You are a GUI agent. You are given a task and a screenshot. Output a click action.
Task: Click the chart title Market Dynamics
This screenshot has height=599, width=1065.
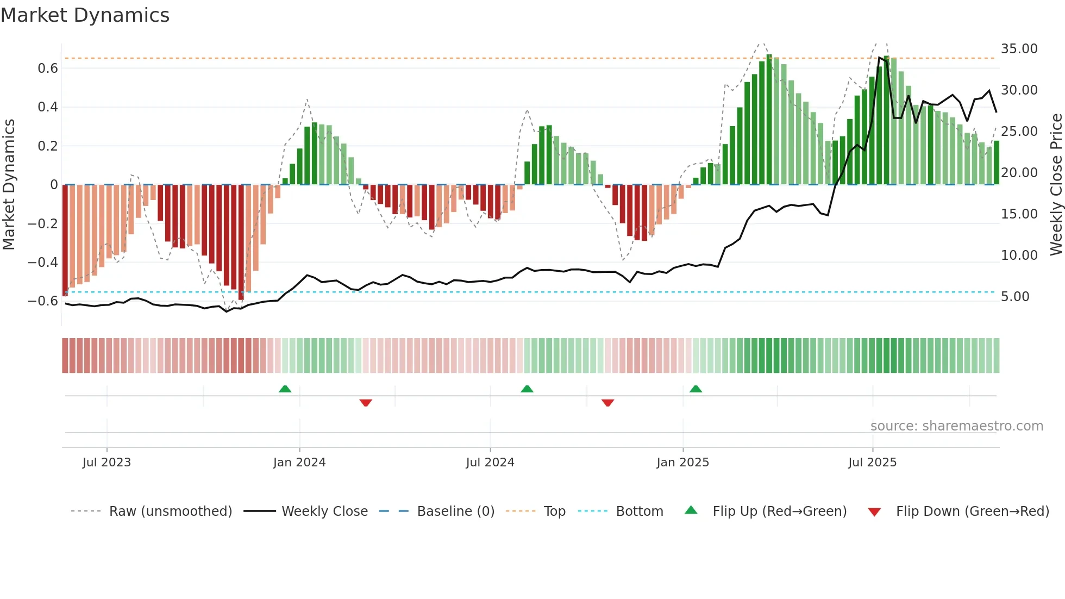pos(85,15)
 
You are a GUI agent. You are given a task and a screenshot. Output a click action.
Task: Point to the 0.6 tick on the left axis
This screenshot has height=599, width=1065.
pos(48,68)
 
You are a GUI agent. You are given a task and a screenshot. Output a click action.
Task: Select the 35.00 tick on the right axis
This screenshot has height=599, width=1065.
pos(1019,49)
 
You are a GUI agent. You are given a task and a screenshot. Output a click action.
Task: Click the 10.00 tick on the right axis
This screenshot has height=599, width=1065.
pos(1019,255)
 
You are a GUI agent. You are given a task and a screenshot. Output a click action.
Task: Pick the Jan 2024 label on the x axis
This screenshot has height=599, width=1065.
pos(299,463)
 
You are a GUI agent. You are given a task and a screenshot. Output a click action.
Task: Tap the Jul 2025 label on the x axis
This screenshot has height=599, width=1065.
pos(872,463)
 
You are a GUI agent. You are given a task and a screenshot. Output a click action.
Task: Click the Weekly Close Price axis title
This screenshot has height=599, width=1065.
pos(1056,185)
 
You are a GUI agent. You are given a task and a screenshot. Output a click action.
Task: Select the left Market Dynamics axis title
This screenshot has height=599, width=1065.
pos(9,185)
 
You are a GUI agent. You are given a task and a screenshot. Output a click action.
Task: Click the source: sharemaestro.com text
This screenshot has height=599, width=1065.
pos(956,426)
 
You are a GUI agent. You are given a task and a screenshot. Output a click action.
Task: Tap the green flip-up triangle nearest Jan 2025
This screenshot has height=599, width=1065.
pos(696,389)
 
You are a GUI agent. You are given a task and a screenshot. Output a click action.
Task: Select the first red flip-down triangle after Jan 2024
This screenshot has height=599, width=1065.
pos(366,403)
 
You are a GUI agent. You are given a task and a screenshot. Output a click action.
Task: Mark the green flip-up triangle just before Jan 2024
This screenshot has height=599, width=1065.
pos(285,389)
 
